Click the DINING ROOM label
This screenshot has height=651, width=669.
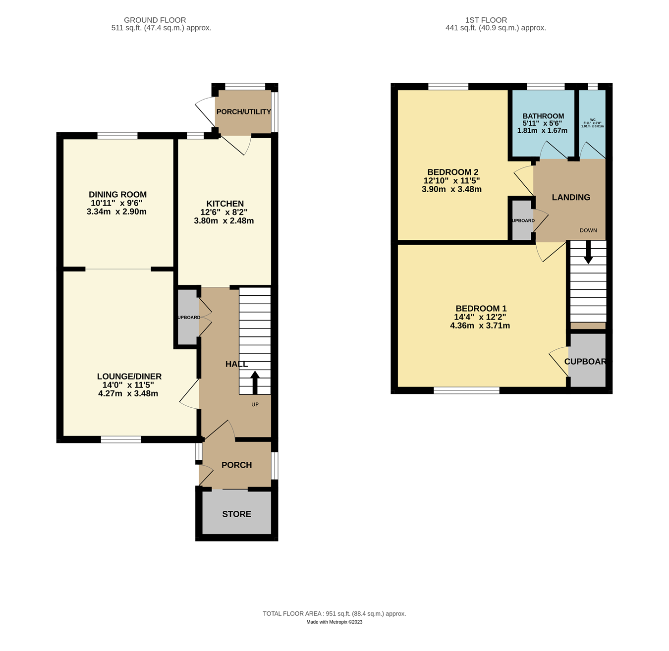click(117, 195)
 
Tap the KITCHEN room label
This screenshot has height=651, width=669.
click(225, 204)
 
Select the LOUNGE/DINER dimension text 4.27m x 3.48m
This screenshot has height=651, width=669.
click(128, 394)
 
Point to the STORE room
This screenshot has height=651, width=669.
click(237, 514)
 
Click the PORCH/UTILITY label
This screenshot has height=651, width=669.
click(243, 111)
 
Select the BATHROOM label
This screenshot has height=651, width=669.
click(543, 116)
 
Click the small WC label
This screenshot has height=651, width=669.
click(593, 120)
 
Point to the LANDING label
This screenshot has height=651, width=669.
click(571, 197)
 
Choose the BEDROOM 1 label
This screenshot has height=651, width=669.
click(481, 308)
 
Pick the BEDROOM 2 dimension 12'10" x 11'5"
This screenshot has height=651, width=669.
click(451, 181)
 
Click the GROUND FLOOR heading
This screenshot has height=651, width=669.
click(155, 20)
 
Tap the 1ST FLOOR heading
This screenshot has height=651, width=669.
click(486, 20)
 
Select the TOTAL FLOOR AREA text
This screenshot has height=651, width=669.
click(334, 613)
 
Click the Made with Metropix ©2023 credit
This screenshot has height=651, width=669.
click(334, 622)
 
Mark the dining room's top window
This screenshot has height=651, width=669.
click(117, 136)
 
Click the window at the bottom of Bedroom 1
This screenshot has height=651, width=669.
click(466, 391)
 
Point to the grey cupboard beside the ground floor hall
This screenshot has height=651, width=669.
click(188, 317)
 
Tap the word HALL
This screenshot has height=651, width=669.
click(236, 364)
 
